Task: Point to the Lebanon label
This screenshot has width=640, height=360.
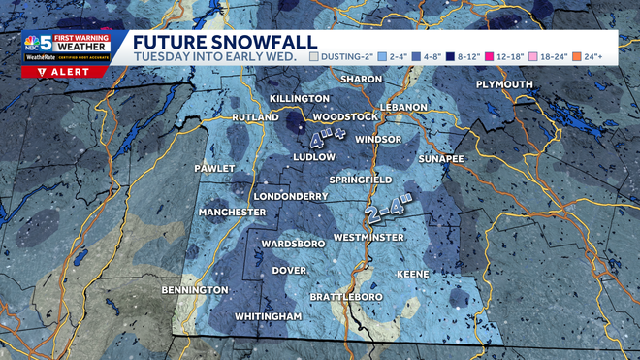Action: click(x=404, y=106)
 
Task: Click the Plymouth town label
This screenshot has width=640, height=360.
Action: click(x=503, y=84)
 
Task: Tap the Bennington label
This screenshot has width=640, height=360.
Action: click(x=194, y=290)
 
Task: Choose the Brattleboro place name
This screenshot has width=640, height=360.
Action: click(x=346, y=296)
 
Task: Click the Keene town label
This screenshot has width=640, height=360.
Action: click(x=412, y=275)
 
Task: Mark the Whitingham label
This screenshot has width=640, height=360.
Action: click(x=269, y=316)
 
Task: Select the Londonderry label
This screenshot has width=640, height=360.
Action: click(x=289, y=195)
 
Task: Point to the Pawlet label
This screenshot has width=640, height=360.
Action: click(x=214, y=168)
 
